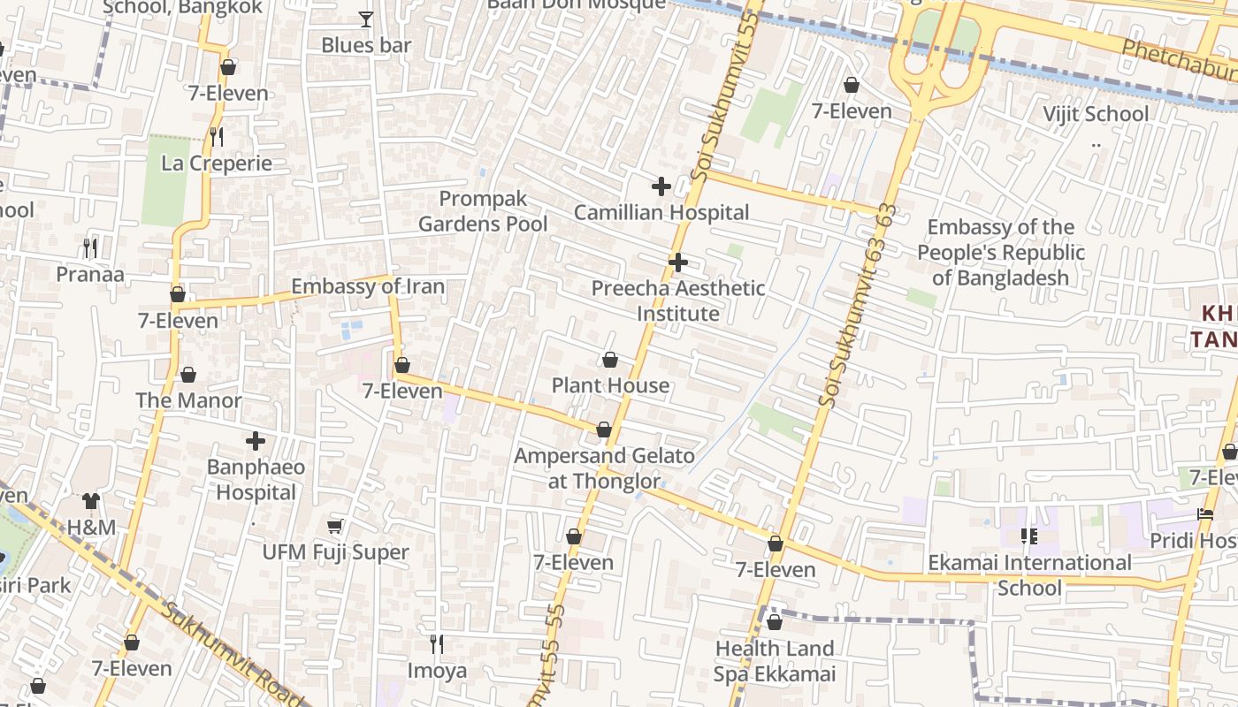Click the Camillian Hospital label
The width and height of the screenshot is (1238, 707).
click(x=661, y=213)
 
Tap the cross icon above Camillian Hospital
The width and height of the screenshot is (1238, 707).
click(x=661, y=186)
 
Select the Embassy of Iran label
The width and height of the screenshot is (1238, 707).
click(x=368, y=286)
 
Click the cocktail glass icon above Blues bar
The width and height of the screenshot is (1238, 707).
click(x=366, y=19)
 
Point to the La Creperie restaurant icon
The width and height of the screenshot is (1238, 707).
click(x=217, y=137)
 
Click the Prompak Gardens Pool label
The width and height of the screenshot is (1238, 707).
click(x=483, y=211)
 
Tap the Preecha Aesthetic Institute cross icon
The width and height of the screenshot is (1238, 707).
click(x=678, y=262)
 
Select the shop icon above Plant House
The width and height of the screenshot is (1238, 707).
click(x=610, y=360)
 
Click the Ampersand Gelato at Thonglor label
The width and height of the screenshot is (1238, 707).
click(x=605, y=468)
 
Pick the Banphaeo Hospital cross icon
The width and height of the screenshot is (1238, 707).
click(x=256, y=441)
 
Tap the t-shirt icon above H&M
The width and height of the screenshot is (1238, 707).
click(x=91, y=501)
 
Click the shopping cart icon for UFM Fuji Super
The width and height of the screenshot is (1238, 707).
click(x=335, y=527)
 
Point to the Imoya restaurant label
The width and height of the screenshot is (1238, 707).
click(x=437, y=671)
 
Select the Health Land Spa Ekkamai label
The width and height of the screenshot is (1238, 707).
click(x=775, y=661)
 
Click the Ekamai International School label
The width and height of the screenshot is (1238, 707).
click(x=1029, y=574)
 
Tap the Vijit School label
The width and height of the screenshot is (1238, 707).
click(x=1096, y=114)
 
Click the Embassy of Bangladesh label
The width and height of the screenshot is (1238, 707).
click(x=1001, y=253)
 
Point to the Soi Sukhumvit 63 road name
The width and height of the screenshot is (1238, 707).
click(x=859, y=306)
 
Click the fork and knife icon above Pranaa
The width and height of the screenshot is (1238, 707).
click(x=90, y=247)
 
